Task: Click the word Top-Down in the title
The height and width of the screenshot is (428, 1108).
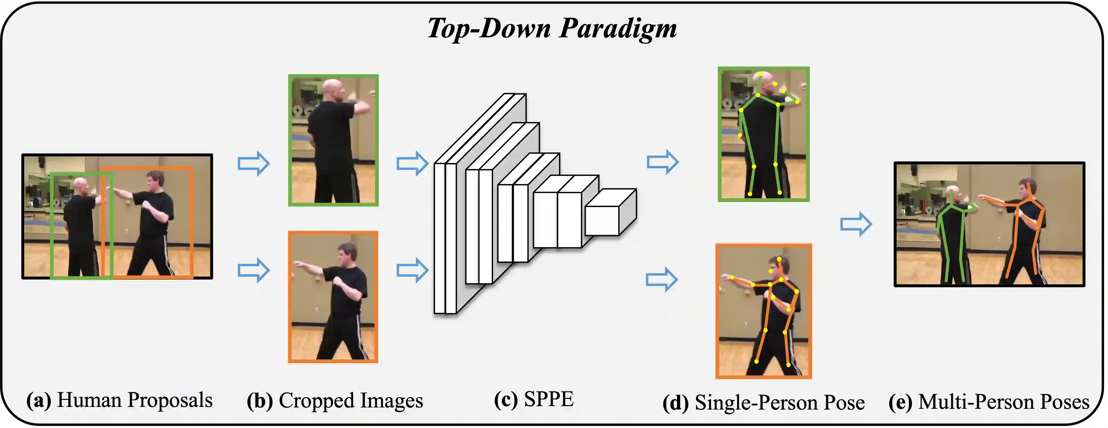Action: (x=489, y=29)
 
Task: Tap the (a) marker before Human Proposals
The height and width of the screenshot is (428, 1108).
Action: (x=39, y=401)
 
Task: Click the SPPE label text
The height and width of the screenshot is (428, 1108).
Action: (x=549, y=399)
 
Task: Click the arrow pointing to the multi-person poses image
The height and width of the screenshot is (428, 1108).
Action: (x=856, y=224)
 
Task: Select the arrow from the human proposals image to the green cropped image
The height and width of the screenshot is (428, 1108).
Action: (x=254, y=163)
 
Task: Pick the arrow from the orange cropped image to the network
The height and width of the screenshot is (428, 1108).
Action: (x=412, y=270)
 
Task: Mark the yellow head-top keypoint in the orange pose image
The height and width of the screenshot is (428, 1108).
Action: (x=779, y=259)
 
